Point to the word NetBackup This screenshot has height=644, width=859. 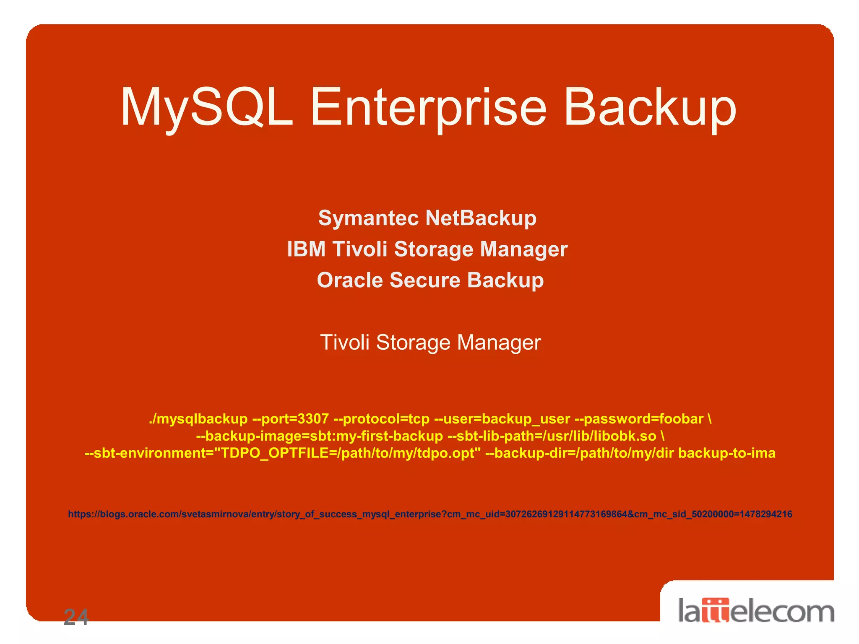coord(481,218)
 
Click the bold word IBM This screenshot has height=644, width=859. coord(306,249)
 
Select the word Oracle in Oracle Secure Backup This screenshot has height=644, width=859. coord(349,280)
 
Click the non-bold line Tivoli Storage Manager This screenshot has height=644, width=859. coord(430,343)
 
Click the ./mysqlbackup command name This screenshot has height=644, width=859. coord(198,419)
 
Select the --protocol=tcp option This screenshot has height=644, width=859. coord(381,419)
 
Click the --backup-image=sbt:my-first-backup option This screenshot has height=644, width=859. coord(320,436)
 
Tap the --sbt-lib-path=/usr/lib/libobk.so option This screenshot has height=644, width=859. coord(552,436)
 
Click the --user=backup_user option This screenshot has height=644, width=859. coord(502,419)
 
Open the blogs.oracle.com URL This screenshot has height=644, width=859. coord(430,514)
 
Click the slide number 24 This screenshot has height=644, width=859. coord(76,617)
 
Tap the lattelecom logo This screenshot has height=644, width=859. coord(756,611)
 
